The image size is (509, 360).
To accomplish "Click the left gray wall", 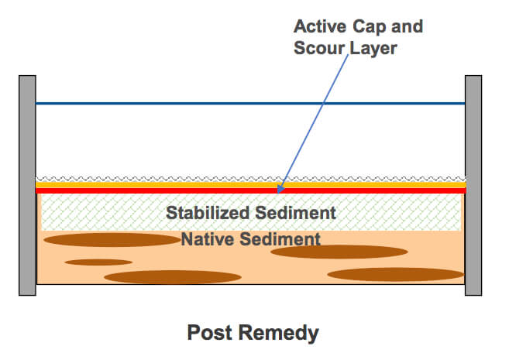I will click(x=27, y=185).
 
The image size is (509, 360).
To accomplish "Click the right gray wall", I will click(x=473, y=185).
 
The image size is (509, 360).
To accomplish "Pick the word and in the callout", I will click(x=408, y=26).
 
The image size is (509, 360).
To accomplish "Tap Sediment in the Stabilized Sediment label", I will click(x=299, y=212).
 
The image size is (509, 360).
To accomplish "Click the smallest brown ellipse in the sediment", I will click(x=98, y=262).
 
